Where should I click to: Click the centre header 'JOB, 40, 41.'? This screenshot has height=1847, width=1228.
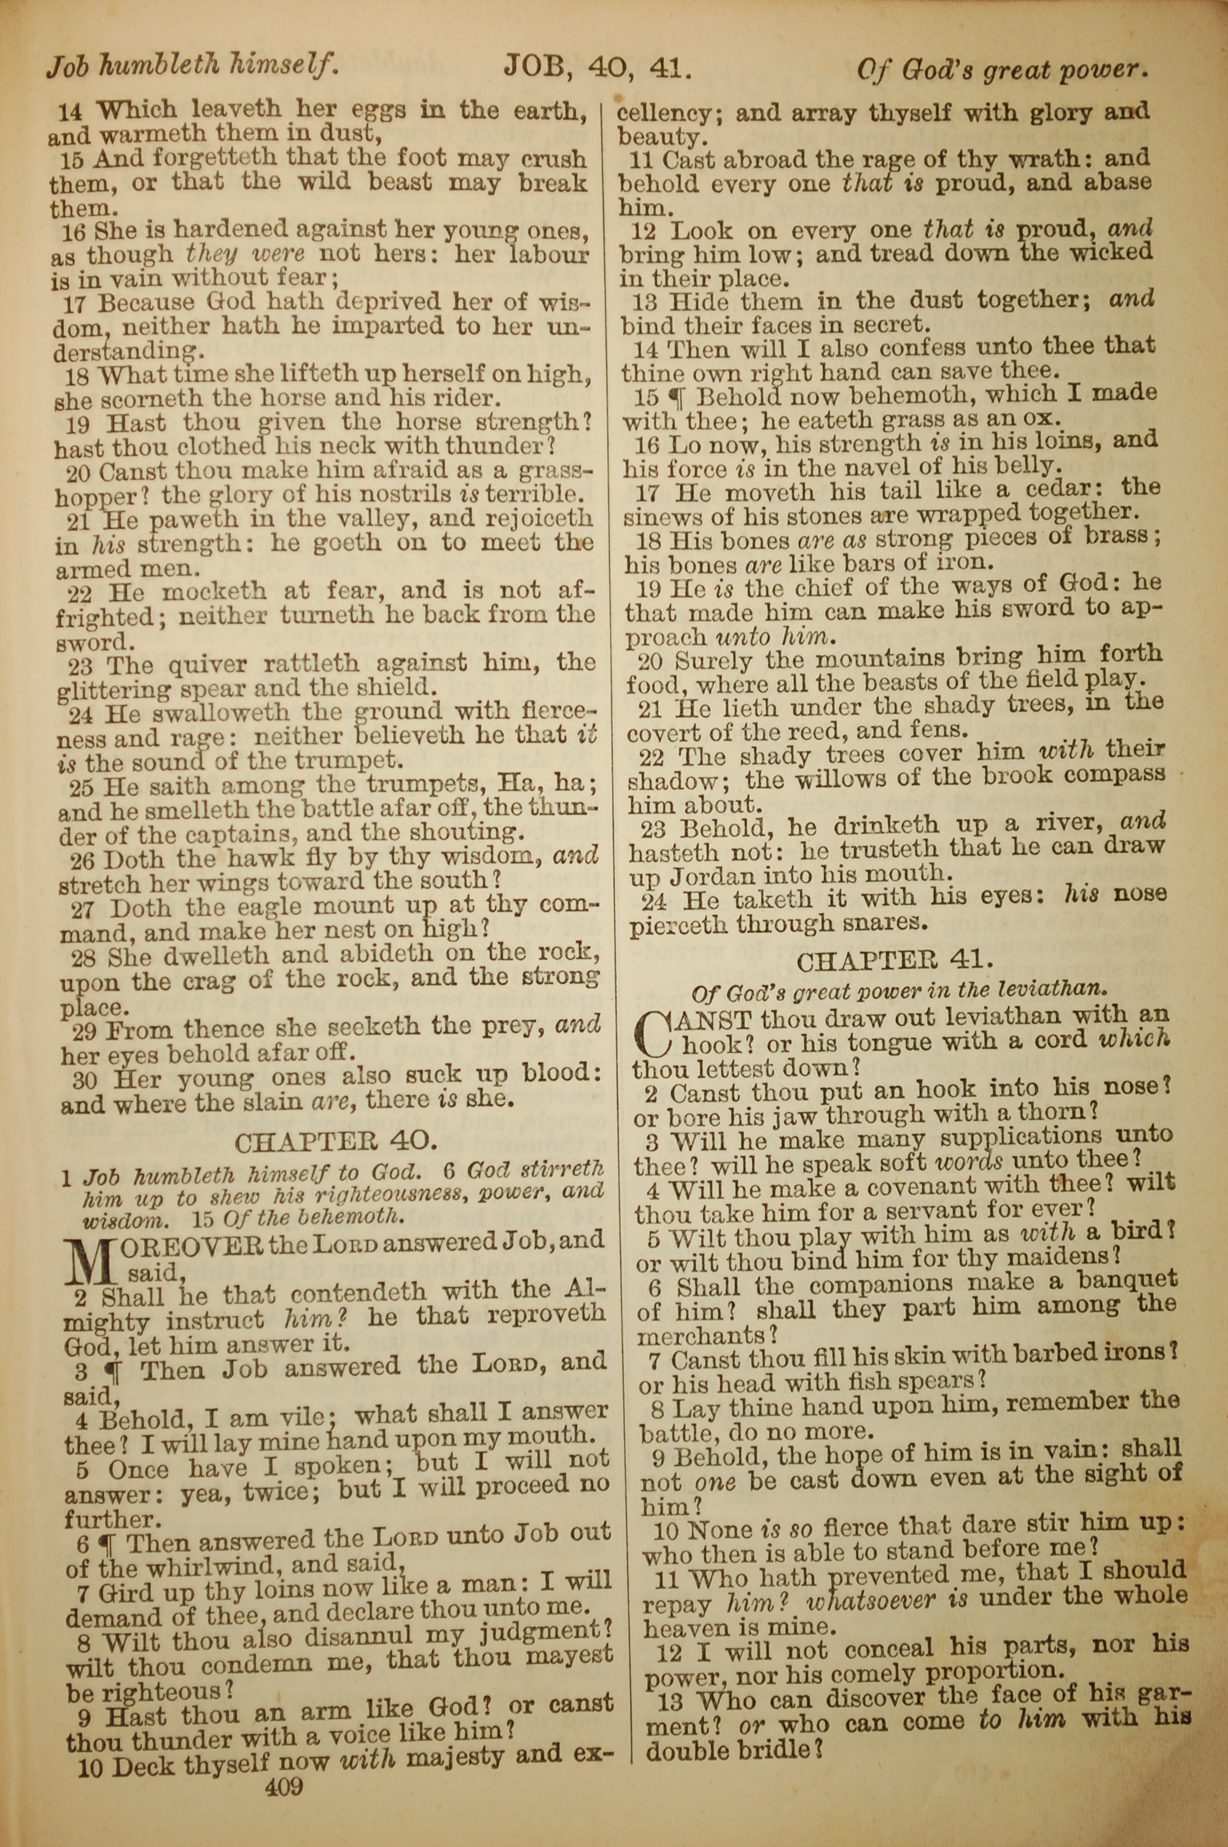(597, 68)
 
